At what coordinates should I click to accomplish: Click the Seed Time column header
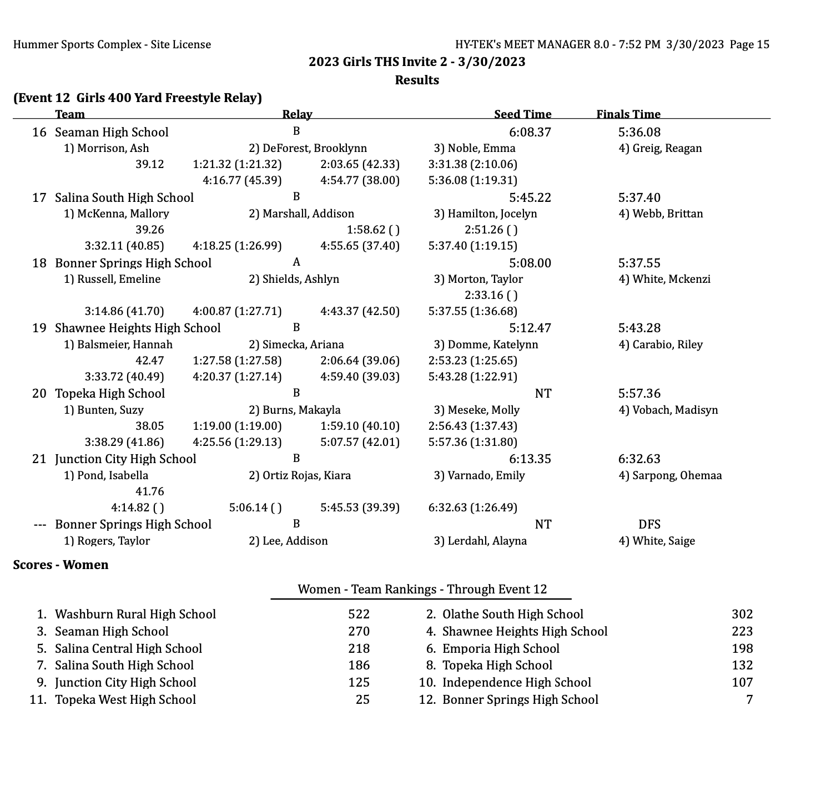point(522,114)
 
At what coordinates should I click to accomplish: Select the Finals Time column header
point(628,114)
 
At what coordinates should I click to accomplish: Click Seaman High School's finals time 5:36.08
point(639,132)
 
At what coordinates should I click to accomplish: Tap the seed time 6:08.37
point(530,132)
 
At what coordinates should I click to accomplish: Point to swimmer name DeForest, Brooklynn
point(308,149)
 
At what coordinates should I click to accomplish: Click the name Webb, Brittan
point(661,214)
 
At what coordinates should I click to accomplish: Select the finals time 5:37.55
point(639,263)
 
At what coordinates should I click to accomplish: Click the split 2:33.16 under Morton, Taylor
point(484,295)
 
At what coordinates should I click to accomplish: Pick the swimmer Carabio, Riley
point(661,345)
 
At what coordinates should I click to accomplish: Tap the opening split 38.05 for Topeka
point(150,426)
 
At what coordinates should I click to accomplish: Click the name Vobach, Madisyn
point(668,410)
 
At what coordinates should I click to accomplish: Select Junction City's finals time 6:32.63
point(639,459)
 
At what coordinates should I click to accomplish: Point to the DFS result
point(649,525)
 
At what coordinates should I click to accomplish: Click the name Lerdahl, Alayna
point(480,541)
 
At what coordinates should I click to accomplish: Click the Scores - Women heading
point(61,565)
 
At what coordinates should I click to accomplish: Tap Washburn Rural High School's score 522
point(359,615)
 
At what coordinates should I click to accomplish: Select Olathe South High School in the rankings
point(512,615)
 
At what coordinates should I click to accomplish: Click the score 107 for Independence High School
point(742,683)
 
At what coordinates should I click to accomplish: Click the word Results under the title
point(417,80)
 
